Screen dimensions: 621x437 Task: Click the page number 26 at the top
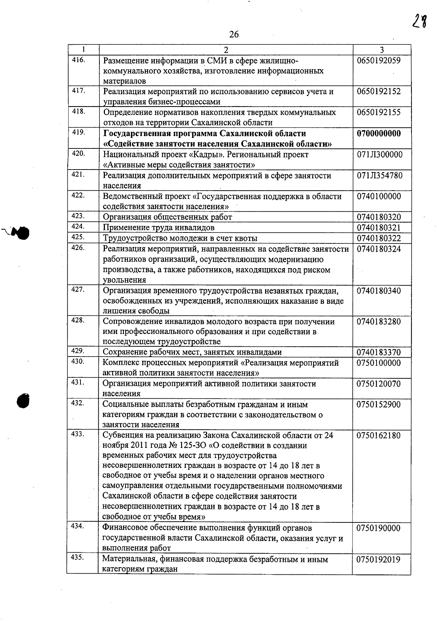coord(234,35)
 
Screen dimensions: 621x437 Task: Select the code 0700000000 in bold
coord(379,134)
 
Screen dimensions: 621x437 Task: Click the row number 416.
coord(79,60)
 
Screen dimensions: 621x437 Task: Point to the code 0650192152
coord(379,92)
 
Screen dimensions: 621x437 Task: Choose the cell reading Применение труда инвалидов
coord(158,228)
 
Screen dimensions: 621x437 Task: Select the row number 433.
coord(79,434)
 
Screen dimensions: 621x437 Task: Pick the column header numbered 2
coord(226,50)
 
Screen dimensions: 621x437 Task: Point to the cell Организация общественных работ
coord(167,217)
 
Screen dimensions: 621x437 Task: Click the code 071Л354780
coord(379,176)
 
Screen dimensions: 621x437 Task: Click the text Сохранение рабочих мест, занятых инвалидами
coord(192,352)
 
